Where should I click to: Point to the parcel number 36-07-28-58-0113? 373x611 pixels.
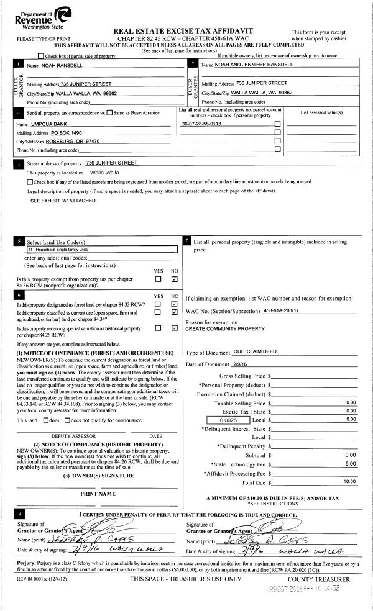point(201,124)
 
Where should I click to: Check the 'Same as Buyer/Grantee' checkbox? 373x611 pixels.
point(109,113)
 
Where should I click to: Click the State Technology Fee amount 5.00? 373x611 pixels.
point(350,463)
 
